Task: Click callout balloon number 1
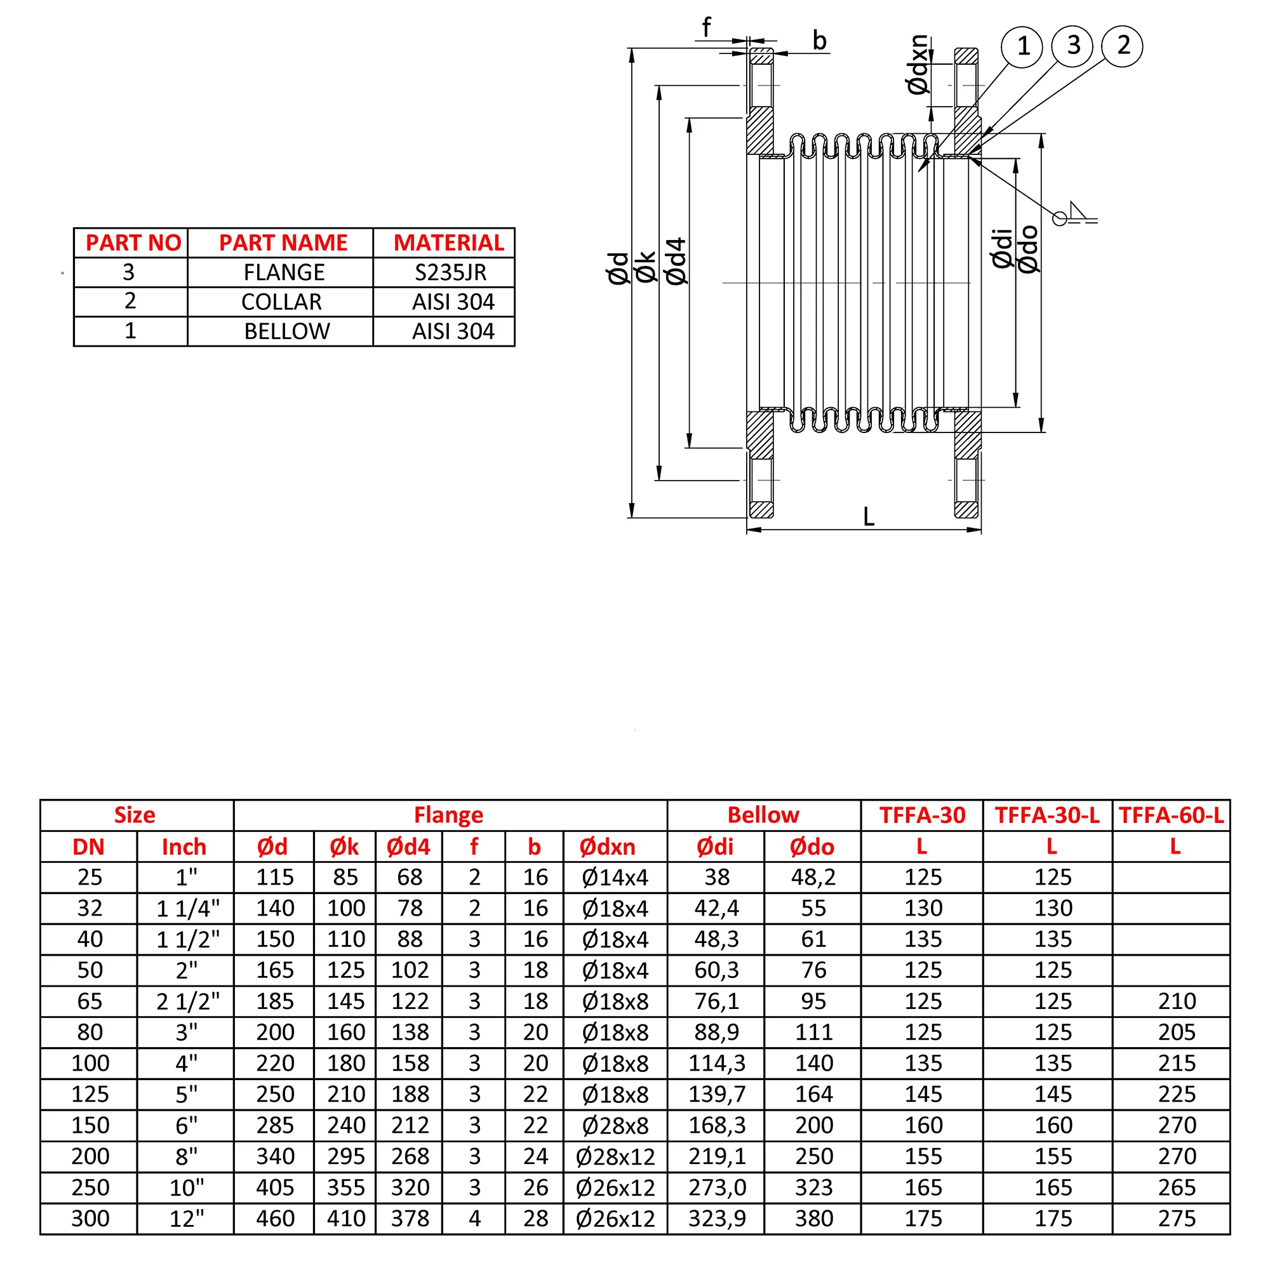1022,46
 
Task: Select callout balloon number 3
1072,46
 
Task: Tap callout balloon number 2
1123,46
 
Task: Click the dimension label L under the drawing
868,517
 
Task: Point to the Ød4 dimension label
676,262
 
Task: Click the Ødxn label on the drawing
918,64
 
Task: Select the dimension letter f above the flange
706,27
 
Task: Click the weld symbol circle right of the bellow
1059,218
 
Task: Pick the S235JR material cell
450,272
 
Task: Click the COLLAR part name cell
281,302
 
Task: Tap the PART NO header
133,243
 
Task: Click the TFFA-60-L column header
1171,815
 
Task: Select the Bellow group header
763,815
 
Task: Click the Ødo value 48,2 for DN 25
813,877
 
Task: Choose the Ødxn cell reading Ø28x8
615,1125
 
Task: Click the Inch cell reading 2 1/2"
187,1001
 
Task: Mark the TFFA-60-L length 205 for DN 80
1176,1032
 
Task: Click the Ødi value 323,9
716,1219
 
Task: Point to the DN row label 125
90,1095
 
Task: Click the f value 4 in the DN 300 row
474,1219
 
